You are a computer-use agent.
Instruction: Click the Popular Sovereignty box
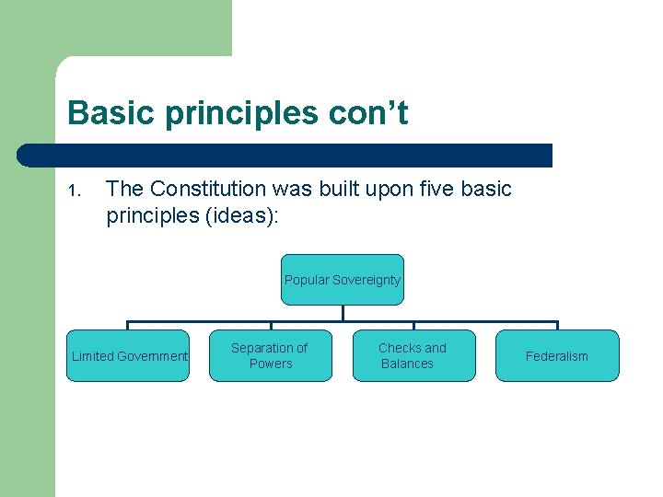(x=343, y=280)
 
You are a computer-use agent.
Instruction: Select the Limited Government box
(x=128, y=356)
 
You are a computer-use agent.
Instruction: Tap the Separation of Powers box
(x=271, y=356)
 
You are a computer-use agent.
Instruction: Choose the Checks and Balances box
(x=413, y=356)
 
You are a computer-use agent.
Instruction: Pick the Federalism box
(x=557, y=356)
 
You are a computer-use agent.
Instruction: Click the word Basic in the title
(x=102, y=114)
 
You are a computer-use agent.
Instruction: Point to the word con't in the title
(x=368, y=114)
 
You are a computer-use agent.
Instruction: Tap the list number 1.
(x=76, y=191)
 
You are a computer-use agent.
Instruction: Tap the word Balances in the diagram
(x=407, y=364)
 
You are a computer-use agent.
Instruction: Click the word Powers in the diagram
(x=271, y=364)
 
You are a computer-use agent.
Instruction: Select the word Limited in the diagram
(x=92, y=356)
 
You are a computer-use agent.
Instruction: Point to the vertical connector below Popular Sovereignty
(x=343, y=313)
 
